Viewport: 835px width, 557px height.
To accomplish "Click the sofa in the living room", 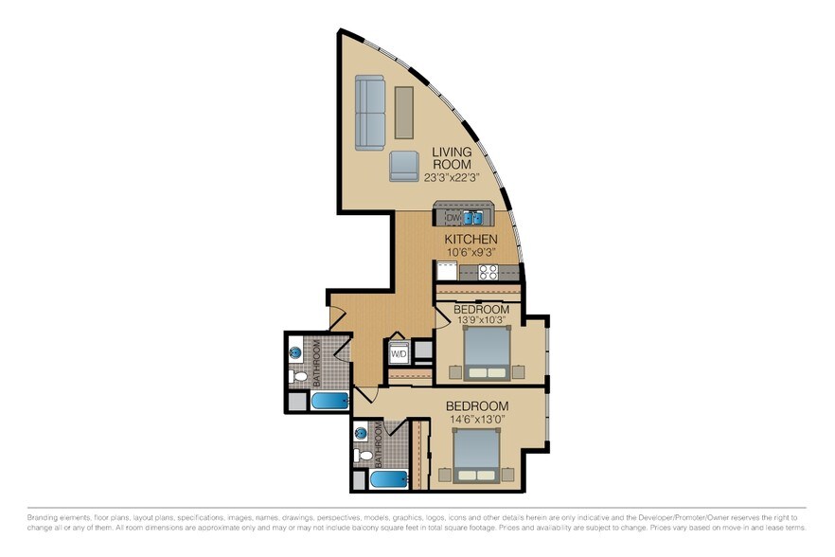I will (369, 113).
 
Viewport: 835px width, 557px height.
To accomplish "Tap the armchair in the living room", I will (405, 165).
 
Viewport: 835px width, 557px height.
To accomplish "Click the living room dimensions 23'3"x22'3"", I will (453, 177).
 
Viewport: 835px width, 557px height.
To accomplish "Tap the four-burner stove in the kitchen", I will (489, 272).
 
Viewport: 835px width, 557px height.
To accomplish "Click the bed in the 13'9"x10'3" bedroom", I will (488, 353).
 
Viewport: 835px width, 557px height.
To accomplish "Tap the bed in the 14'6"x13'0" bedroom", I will (478, 456).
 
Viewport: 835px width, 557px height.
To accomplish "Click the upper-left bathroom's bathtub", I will (330, 401).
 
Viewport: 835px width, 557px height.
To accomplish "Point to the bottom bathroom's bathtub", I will (390, 480).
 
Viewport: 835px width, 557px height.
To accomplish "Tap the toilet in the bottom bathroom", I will (362, 456).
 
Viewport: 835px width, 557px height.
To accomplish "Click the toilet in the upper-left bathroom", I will (299, 377).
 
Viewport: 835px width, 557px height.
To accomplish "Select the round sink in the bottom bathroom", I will (361, 434).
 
